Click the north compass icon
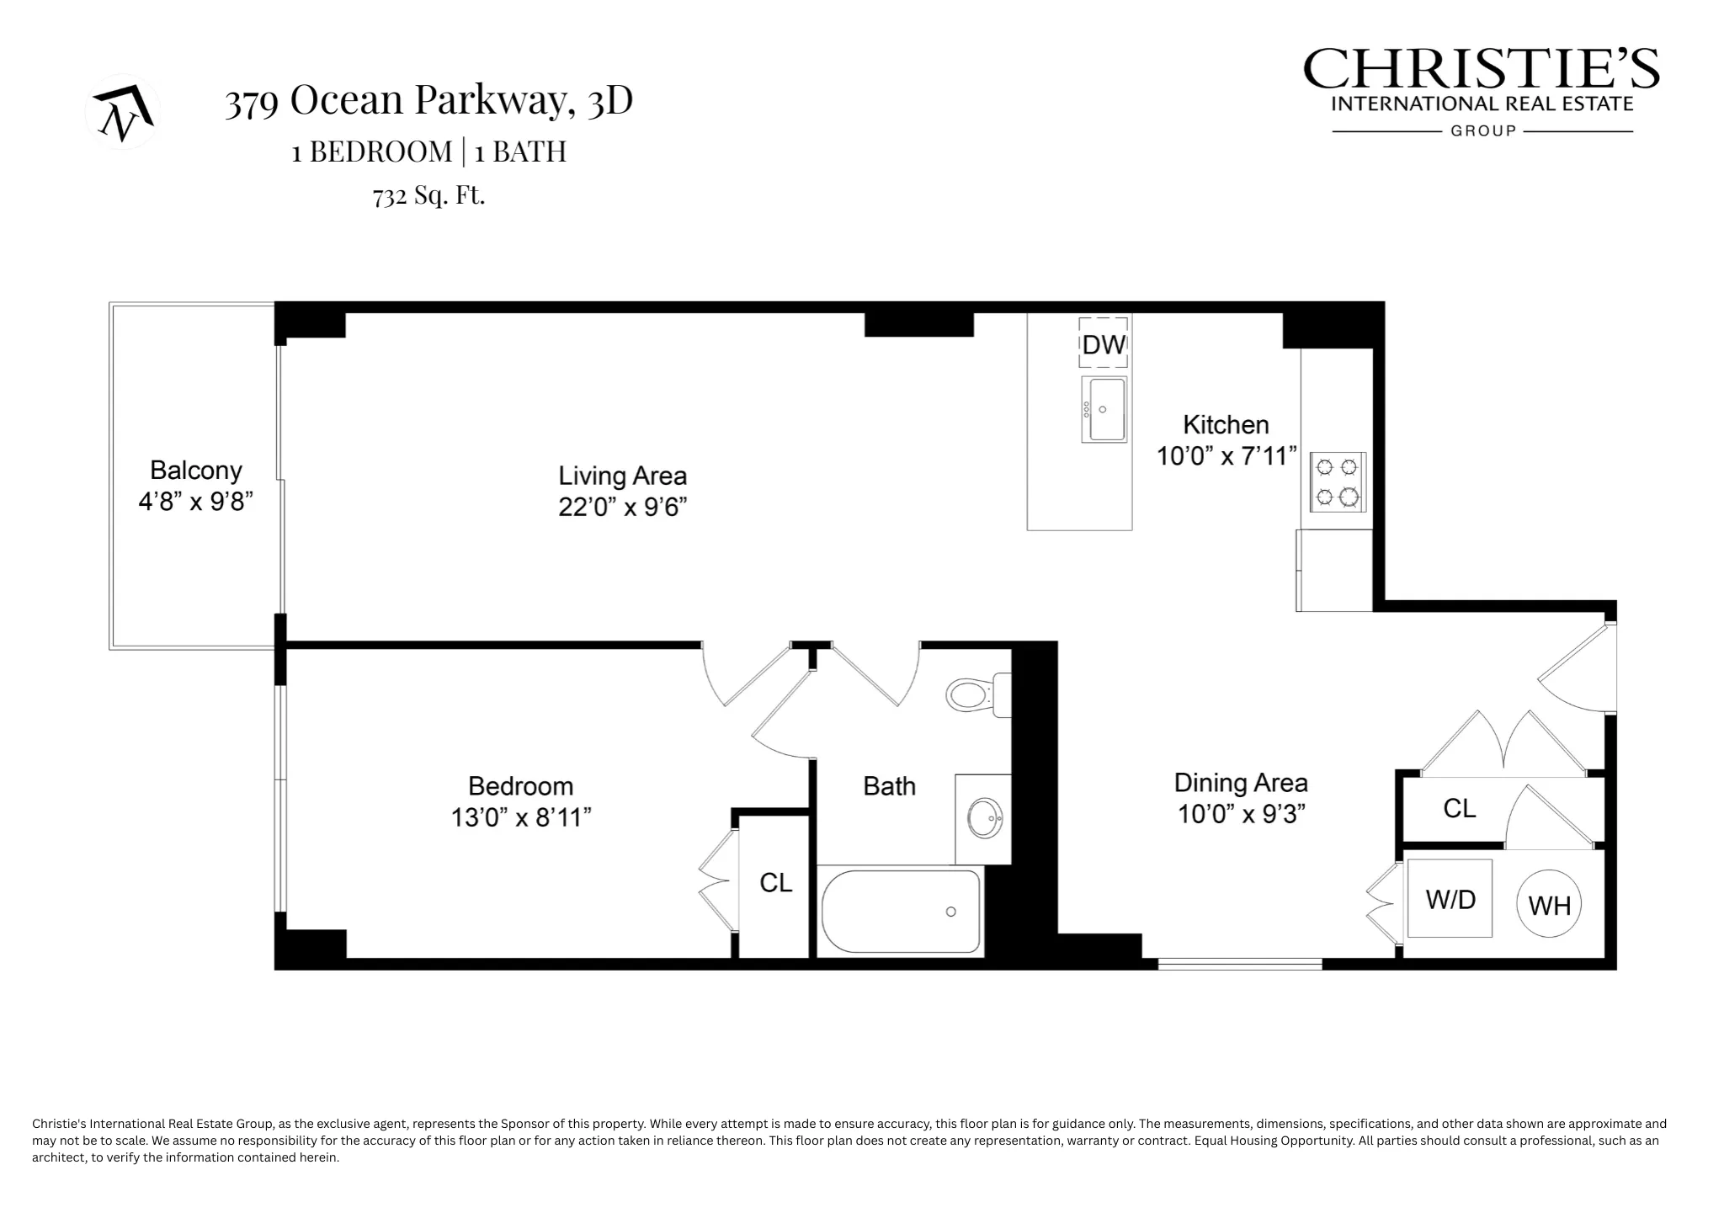[x=123, y=112]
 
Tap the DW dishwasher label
[x=1103, y=343]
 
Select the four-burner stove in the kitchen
[x=1338, y=481]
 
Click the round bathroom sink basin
[x=984, y=817]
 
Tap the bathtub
[x=901, y=912]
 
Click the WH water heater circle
[x=1549, y=904]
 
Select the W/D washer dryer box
[x=1450, y=898]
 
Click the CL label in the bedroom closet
[x=775, y=882]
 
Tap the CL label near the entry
[x=1459, y=808]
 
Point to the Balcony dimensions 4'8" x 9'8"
[x=195, y=502]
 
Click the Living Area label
[x=622, y=476]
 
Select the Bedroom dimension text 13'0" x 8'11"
[x=520, y=817]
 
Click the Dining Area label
[x=1240, y=783]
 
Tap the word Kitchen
[x=1225, y=424]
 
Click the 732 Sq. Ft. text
[x=428, y=195]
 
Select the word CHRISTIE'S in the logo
[x=1481, y=69]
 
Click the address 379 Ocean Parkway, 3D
[x=428, y=101]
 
